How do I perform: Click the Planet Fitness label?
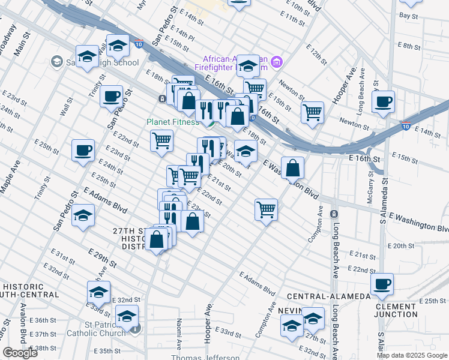173,122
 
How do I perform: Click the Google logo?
20,353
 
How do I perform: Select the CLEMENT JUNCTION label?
396,310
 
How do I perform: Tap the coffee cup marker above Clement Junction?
382,284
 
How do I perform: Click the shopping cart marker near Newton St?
313,112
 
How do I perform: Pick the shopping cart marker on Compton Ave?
266,210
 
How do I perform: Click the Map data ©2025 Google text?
412,355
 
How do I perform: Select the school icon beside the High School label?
56,61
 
